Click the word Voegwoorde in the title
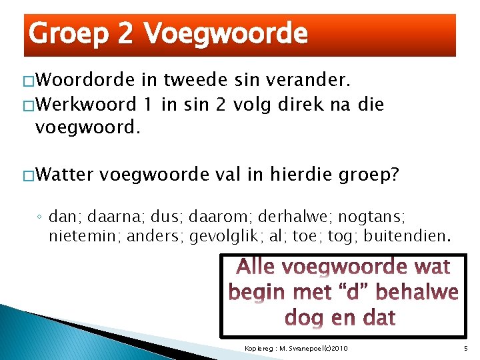226,33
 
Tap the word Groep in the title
69,33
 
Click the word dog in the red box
304,317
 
